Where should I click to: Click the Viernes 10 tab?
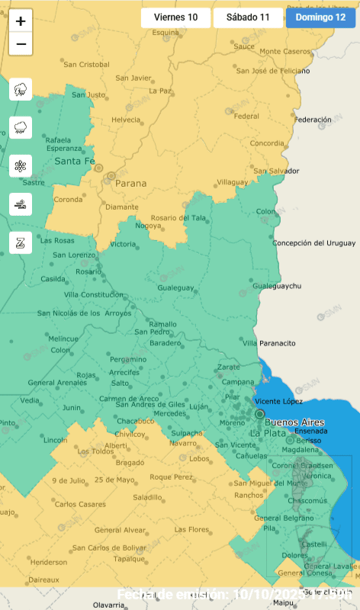(175, 18)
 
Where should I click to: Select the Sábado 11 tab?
(249, 18)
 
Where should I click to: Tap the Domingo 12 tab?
(320, 18)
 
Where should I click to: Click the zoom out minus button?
(21, 44)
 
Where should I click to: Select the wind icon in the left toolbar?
(21, 204)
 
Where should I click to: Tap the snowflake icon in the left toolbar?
(21, 165)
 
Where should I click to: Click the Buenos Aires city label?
(294, 422)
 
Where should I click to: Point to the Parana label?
(130, 184)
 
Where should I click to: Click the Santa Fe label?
(74, 162)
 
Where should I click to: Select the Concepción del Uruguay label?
(314, 243)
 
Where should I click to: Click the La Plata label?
(267, 433)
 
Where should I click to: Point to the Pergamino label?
(128, 359)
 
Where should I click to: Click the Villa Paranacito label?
(269, 343)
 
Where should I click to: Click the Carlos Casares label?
(80, 504)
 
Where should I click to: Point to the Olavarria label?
(108, 605)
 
